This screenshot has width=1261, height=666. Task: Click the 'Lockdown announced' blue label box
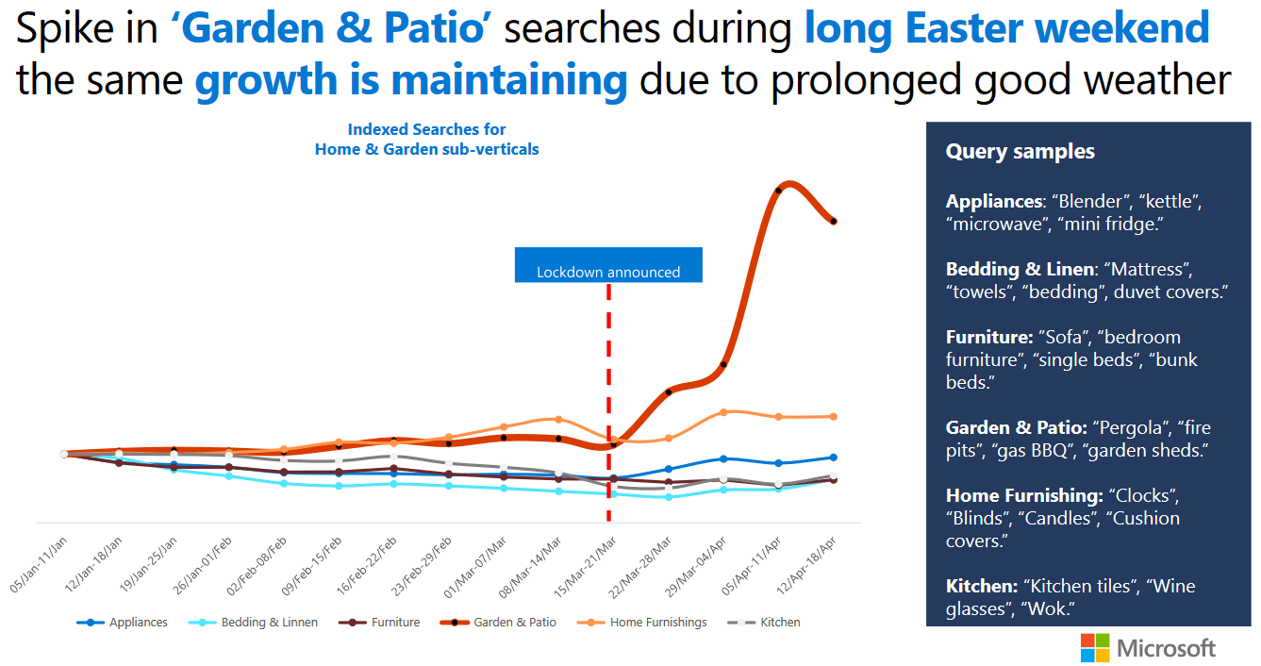pyautogui.click(x=608, y=265)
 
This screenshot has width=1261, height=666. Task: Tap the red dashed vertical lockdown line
pyautogui.click(x=608, y=377)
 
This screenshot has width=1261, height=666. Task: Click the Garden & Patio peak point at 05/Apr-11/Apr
pyautogui.click(x=778, y=191)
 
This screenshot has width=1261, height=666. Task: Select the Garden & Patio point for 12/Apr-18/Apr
pyautogui.click(x=834, y=222)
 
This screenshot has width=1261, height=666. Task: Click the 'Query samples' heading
pyautogui.click(x=1020, y=152)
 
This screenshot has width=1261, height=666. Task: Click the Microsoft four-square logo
pyautogui.click(x=1095, y=648)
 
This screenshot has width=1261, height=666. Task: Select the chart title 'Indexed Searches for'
pyautogui.click(x=426, y=130)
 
